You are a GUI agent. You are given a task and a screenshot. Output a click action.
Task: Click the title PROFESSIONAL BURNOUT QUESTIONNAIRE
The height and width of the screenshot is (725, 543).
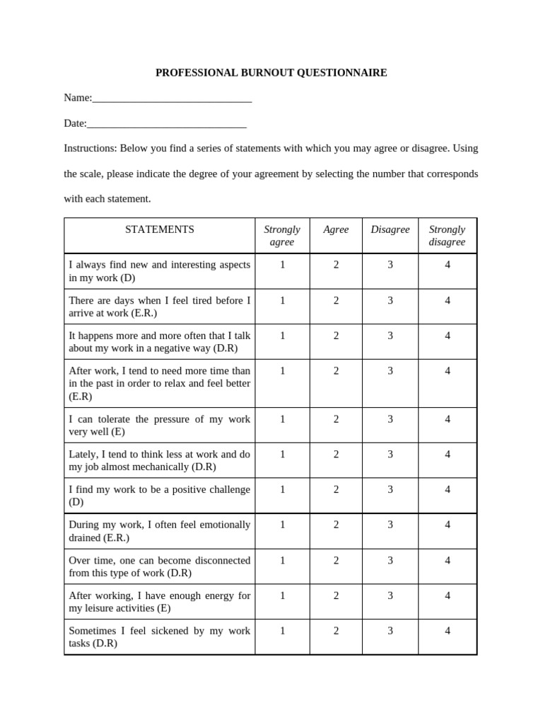point(271,73)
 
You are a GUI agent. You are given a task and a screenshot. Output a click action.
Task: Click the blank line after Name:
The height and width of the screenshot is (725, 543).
point(172,100)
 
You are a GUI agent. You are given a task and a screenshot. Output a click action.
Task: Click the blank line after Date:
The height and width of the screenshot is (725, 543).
point(166,125)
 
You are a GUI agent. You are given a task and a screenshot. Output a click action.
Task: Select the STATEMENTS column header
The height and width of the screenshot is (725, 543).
point(159,229)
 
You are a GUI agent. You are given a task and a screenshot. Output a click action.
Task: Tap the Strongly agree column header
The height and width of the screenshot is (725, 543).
point(282,236)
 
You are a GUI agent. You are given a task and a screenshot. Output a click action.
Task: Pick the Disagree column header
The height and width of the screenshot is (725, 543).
point(390,229)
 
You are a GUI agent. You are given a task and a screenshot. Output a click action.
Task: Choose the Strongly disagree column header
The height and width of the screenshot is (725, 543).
point(447,236)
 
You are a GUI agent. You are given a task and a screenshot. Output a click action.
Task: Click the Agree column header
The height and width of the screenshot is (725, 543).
point(336,229)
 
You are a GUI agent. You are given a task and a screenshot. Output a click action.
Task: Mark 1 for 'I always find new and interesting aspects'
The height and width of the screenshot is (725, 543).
point(282,265)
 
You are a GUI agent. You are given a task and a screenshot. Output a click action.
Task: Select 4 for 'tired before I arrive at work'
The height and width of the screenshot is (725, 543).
point(448,300)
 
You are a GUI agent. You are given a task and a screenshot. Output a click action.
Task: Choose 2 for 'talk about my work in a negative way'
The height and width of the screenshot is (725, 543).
point(336,336)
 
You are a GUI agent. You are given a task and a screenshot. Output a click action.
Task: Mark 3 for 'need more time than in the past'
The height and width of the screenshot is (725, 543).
point(390,371)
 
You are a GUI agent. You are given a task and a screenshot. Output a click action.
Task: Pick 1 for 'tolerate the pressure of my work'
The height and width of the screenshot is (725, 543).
point(282,419)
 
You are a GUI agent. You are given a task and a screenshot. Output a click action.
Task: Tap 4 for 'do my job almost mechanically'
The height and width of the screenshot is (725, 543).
point(448,455)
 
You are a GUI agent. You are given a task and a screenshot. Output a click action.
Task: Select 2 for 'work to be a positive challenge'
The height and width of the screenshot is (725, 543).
point(336,490)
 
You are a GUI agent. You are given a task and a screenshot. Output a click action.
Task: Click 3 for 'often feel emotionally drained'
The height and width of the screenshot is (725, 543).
point(390,525)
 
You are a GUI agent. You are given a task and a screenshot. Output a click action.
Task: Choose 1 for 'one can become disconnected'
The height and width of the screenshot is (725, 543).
point(282,561)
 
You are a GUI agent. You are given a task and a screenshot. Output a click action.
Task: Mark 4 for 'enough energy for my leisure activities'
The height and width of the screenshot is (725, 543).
point(448,596)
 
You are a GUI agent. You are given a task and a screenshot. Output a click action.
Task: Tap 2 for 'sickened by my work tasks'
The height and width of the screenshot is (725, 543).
point(336,632)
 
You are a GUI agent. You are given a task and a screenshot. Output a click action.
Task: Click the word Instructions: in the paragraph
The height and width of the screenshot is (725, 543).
point(90,149)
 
